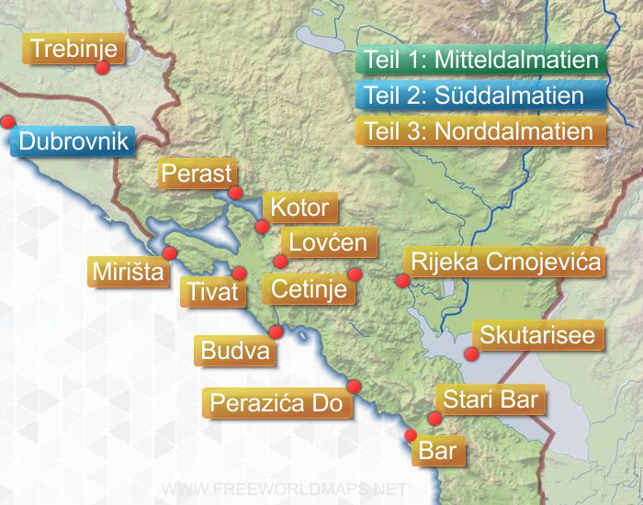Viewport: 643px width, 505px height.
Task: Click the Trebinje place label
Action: pos(74,50)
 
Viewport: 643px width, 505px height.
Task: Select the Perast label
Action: pos(196,173)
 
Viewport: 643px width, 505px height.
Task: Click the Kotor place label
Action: pos(299,208)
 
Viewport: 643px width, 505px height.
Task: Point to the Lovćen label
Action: pos(328,242)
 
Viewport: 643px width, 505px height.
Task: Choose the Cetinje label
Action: pos(309,289)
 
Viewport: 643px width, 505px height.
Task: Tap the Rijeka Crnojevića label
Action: pos(506,263)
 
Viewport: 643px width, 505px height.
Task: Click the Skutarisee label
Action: pos(537,335)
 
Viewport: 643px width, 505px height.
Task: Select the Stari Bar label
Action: pos(491,399)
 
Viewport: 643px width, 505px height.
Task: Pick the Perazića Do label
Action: pos(276,402)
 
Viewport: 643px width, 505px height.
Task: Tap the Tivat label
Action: pos(213,291)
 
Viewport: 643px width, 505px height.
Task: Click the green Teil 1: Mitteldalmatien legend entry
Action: pos(481,61)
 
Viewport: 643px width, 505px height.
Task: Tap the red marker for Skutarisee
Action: pos(471,353)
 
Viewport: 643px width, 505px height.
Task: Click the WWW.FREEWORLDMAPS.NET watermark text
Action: pos(283,488)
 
